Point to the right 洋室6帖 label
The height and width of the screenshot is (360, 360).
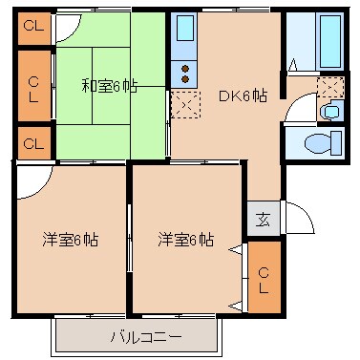[185, 240]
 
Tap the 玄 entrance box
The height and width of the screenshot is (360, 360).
[262, 218]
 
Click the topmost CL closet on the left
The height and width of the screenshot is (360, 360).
[32, 27]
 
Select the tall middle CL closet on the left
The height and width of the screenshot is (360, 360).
[32, 88]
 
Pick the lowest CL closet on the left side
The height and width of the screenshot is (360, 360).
[32, 144]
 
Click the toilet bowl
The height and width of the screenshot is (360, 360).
[315, 144]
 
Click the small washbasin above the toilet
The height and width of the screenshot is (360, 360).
[330, 112]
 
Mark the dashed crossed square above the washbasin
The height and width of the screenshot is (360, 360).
[330, 88]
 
